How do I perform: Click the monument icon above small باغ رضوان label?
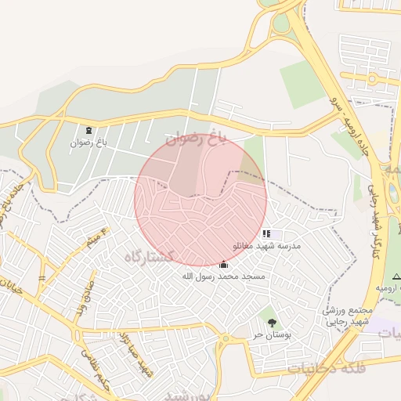[87, 130]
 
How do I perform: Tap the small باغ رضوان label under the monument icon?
[87, 143]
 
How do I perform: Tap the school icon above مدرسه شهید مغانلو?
[266, 233]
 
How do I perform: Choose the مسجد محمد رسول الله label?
[223, 276]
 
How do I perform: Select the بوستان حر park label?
[271, 334]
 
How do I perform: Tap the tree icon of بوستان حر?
[271, 323]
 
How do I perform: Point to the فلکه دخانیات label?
[323, 366]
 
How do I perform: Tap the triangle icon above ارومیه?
[396, 276]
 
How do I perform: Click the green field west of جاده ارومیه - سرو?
[302, 84]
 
